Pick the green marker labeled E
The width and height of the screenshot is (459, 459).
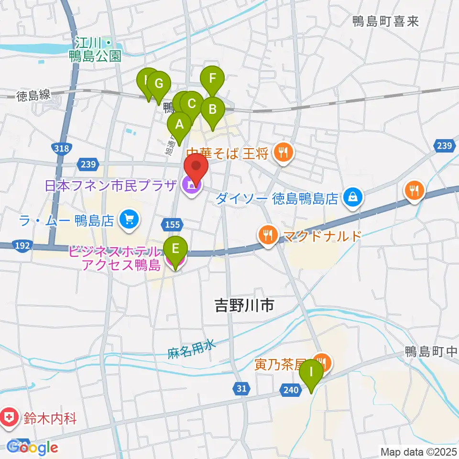175,249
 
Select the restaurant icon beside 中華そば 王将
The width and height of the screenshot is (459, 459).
284,153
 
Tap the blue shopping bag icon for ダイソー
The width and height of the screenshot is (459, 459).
353,198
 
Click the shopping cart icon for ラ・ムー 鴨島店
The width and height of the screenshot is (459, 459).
129,220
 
